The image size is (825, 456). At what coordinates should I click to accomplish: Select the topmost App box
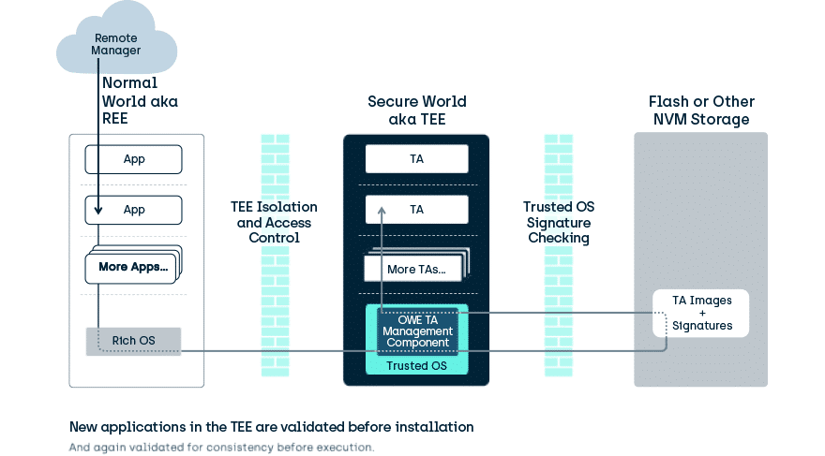pos(134,158)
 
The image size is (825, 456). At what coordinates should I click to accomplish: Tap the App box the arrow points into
pos(134,210)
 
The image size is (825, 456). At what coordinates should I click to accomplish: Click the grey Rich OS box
pos(134,341)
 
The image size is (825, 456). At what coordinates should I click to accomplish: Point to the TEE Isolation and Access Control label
pos(275,222)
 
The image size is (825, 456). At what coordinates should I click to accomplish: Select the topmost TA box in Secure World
pos(416,158)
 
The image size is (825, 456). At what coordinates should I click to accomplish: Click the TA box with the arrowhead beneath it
pos(416,210)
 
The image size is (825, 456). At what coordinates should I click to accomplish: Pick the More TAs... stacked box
pos(415,269)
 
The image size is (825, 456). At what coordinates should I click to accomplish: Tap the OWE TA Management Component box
pos(417,331)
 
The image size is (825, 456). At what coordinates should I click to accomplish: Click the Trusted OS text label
pos(417,365)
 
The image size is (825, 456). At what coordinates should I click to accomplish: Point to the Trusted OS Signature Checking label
pos(557,222)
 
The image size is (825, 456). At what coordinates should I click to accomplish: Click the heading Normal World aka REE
pos(140,101)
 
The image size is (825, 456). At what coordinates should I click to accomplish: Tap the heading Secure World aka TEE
pos(416,110)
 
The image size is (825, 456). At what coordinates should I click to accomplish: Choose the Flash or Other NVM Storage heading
pos(701,110)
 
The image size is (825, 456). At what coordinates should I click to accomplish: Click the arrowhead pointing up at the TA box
pos(382,213)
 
